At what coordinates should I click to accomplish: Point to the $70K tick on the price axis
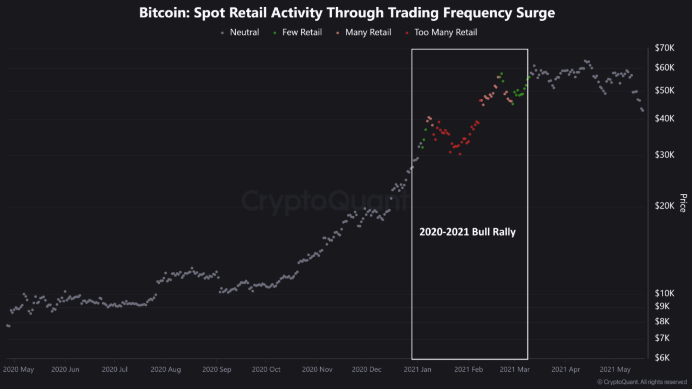point(664,48)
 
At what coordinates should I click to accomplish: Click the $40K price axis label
point(664,118)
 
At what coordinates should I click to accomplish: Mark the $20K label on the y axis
point(664,206)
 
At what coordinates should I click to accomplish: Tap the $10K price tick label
point(664,293)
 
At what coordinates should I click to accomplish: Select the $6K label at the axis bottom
point(662,358)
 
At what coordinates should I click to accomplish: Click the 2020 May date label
point(18,370)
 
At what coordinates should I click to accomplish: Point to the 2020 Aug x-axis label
point(166,370)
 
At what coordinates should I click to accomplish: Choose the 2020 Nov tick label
point(317,370)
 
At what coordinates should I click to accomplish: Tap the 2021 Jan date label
point(417,370)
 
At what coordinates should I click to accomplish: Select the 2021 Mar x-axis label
point(515,370)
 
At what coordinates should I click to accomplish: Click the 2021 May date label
point(615,370)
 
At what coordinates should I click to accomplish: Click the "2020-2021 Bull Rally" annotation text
point(467,232)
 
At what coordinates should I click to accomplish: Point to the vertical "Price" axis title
point(683,203)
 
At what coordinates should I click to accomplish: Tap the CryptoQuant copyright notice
point(642,382)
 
